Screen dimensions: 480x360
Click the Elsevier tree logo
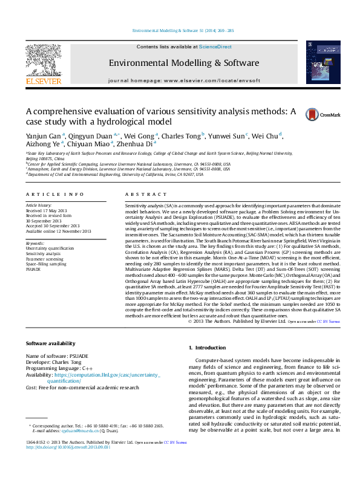click(43, 60)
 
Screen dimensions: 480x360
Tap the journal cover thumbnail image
click(319, 62)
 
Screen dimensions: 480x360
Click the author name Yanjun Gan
click(44, 136)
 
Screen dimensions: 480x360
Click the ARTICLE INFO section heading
click(54, 194)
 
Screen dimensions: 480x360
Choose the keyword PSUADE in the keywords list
click(34, 270)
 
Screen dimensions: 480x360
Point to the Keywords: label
click(35, 242)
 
